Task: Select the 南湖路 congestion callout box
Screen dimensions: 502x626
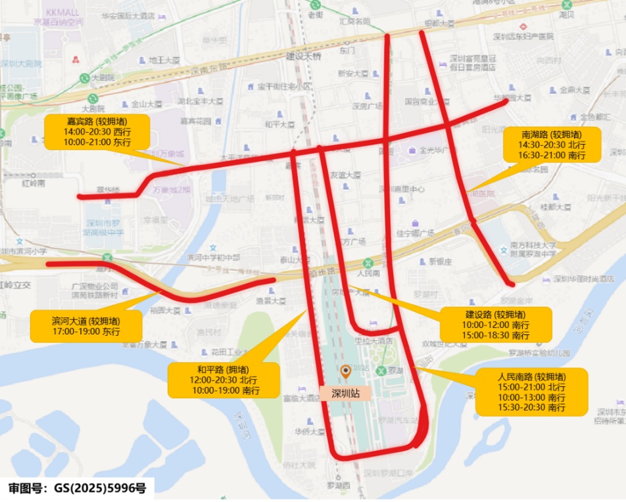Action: pyautogui.click(x=552, y=145)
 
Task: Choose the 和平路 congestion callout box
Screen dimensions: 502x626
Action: pyautogui.click(x=223, y=380)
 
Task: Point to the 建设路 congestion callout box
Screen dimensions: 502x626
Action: pyautogui.click(x=495, y=325)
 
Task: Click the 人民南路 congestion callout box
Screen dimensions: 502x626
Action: pyautogui.click(x=531, y=392)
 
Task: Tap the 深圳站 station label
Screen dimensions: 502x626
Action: pyautogui.click(x=346, y=394)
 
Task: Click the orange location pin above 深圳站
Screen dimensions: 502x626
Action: pyautogui.click(x=346, y=373)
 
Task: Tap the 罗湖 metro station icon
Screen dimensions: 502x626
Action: pyautogui.click(x=381, y=371)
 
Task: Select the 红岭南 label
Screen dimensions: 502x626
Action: pyautogui.click(x=32, y=183)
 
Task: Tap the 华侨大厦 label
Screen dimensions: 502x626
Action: pyautogui.click(x=310, y=432)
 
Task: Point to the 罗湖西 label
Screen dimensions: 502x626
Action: pyautogui.click(x=338, y=486)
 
